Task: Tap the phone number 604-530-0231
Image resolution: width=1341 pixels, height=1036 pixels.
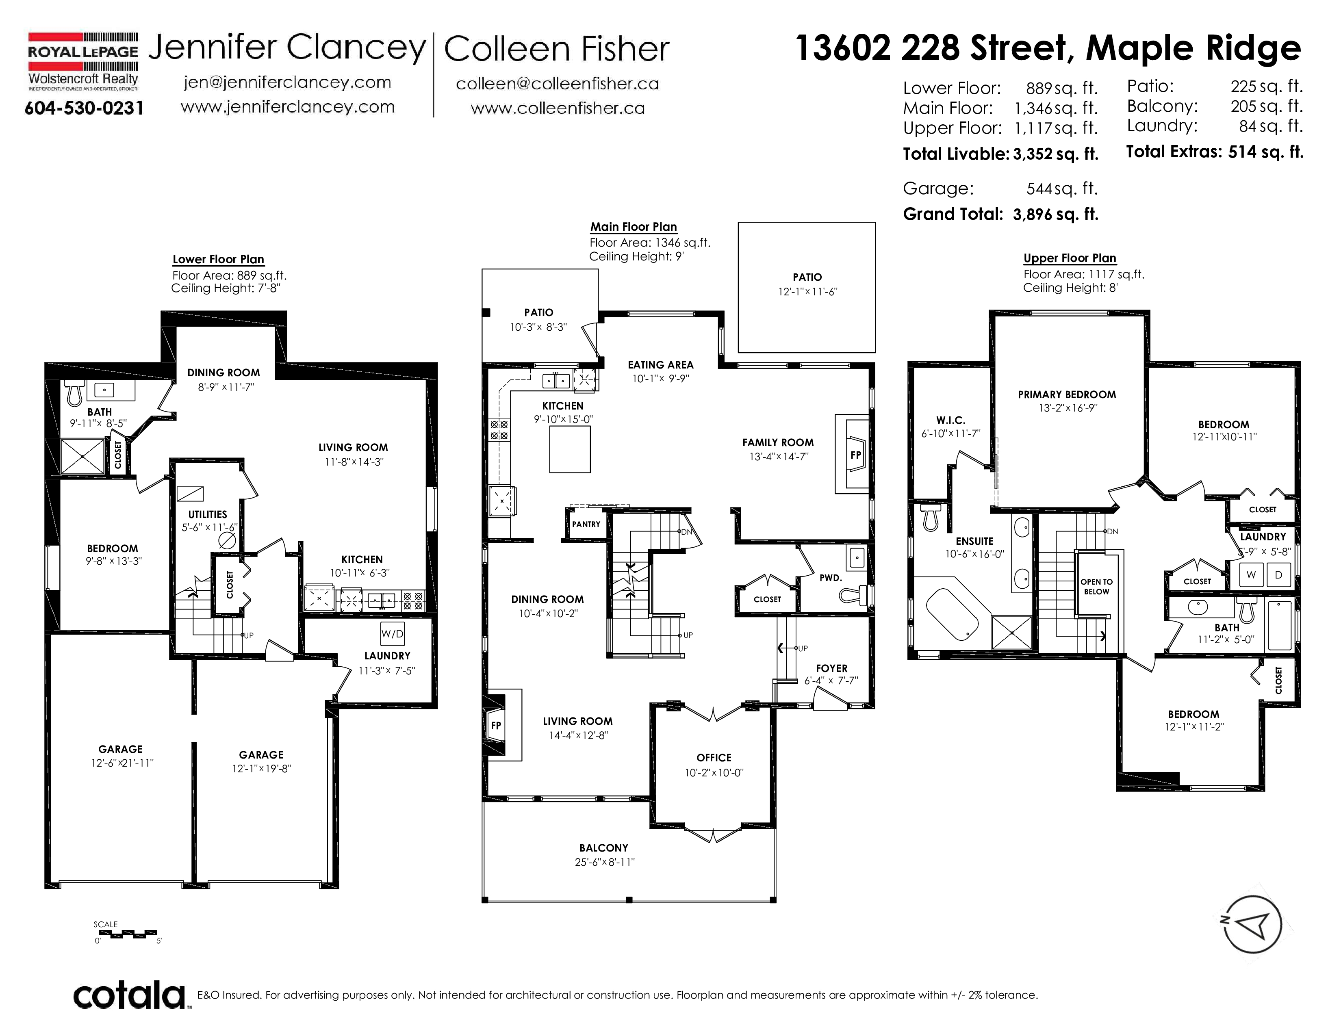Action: (x=84, y=108)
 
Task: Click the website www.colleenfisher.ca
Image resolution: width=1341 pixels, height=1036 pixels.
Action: (x=558, y=108)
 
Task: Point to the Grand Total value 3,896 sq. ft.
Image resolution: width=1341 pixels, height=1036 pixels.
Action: (x=1055, y=214)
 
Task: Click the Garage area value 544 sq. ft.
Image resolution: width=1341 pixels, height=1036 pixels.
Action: (x=1061, y=189)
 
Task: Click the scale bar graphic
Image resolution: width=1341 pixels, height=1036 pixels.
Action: (x=128, y=934)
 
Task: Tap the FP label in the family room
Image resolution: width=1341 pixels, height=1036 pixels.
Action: (x=856, y=455)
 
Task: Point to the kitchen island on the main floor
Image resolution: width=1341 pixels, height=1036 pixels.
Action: (x=570, y=449)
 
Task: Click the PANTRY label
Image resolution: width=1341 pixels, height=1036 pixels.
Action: (x=586, y=524)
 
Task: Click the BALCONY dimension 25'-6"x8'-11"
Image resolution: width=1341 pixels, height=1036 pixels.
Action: (x=605, y=862)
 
